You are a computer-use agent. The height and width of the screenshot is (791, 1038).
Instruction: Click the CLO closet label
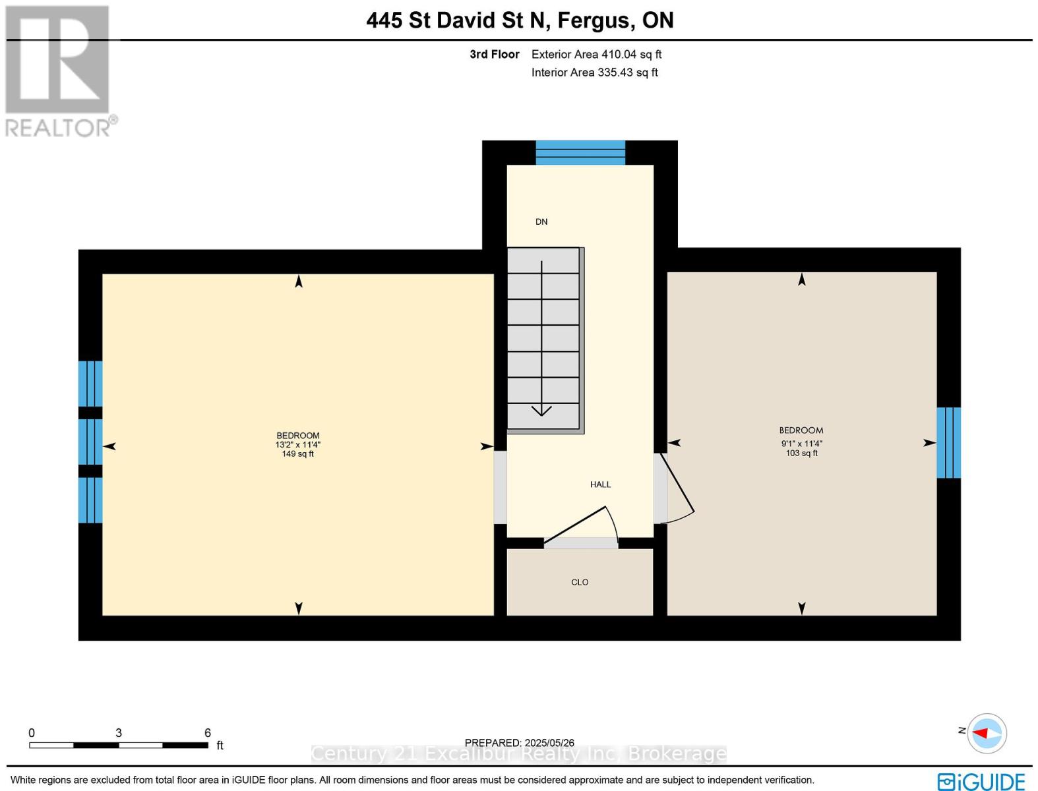[x=579, y=582]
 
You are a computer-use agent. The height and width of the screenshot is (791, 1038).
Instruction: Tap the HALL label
[x=600, y=484]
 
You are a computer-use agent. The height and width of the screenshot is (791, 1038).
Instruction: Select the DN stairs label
[x=541, y=221]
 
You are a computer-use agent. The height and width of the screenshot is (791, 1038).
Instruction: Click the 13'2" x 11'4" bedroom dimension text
[x=298, y=445]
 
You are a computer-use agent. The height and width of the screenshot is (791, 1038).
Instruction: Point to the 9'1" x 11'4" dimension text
[x=801, y=444]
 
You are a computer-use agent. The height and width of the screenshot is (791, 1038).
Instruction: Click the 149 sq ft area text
[x=298, y=454]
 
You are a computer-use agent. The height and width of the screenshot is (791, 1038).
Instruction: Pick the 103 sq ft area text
[x=801, y=453]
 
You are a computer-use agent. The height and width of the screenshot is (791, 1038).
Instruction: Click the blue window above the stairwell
[x=580, y=153]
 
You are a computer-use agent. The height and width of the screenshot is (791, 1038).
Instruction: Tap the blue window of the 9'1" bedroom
[x=948, y=443]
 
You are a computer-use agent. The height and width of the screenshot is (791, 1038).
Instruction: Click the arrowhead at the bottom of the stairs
[x=541, y=411]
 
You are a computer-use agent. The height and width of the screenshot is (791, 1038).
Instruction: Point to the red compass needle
[x=981, y=733]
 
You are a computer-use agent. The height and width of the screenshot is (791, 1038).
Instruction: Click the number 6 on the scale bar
[x=208, y=732]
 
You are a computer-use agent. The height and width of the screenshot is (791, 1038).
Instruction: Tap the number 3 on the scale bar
[x=118, y=732]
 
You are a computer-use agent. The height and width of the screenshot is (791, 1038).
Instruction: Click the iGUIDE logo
[x=981, y=781]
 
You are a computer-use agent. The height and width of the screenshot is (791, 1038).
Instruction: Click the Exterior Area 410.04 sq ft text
[x=596, y=54]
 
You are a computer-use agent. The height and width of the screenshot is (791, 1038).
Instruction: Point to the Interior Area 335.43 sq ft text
[x=594, y=73]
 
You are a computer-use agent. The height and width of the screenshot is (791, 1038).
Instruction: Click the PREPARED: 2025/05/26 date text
[x=519, y=743]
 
